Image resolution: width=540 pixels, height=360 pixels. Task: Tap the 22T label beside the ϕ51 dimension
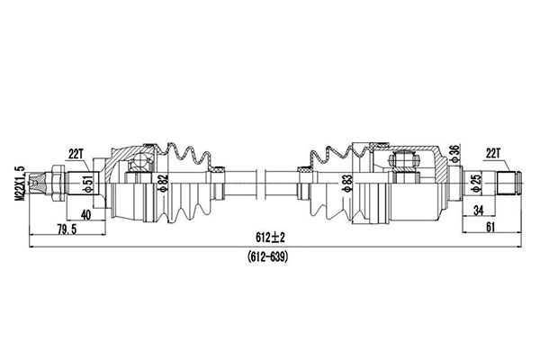76,154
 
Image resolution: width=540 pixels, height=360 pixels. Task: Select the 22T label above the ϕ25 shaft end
493,154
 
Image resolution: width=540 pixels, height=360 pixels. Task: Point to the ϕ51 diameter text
87,184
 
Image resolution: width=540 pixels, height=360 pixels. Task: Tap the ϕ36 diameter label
454,154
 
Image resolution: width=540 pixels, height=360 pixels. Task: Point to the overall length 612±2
269,238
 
